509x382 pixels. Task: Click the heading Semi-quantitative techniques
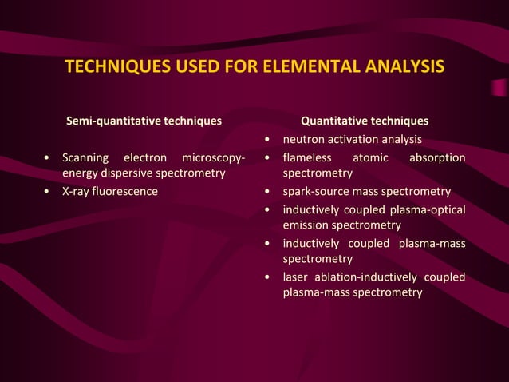[x=144, y=121]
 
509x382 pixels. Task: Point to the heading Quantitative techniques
[x=364, y=121]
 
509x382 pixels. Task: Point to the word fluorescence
[x=126, y=192]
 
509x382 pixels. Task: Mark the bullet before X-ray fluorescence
[x=49, y=192]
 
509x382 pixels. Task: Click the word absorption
[x=437, y=157]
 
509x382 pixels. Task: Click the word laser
[x=295, y=277]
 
